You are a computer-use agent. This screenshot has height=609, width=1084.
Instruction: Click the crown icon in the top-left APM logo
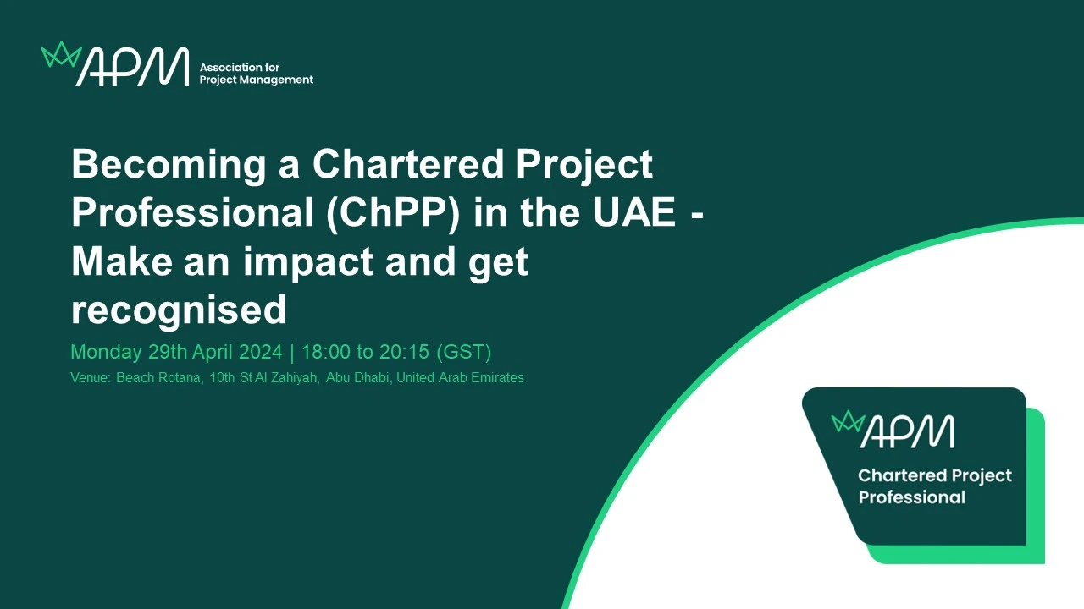61,55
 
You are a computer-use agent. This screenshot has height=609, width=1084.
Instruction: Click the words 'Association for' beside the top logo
240,67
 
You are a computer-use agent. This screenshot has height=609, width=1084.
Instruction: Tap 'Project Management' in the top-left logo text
257,80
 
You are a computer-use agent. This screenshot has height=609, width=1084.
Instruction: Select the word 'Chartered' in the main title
409,164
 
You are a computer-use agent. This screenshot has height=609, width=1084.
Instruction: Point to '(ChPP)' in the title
393,213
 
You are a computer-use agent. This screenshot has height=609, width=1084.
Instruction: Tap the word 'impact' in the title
307,262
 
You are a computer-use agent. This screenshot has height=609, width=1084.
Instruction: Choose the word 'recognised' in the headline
179,310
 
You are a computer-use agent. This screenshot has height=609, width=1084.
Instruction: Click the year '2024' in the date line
260,352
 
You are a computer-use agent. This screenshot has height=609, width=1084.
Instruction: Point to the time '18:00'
326,352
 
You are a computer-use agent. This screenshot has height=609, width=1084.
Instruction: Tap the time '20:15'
404,352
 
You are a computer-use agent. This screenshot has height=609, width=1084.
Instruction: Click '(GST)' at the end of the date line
463,353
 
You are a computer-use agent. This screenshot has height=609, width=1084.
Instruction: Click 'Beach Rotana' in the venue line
160,377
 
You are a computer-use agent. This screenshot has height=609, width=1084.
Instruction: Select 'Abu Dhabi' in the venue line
358,377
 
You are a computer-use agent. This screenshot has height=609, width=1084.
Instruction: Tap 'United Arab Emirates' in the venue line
460,377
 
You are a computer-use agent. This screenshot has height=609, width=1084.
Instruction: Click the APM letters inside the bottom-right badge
907,431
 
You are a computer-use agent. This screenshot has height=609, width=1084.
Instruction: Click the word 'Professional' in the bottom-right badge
912,497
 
